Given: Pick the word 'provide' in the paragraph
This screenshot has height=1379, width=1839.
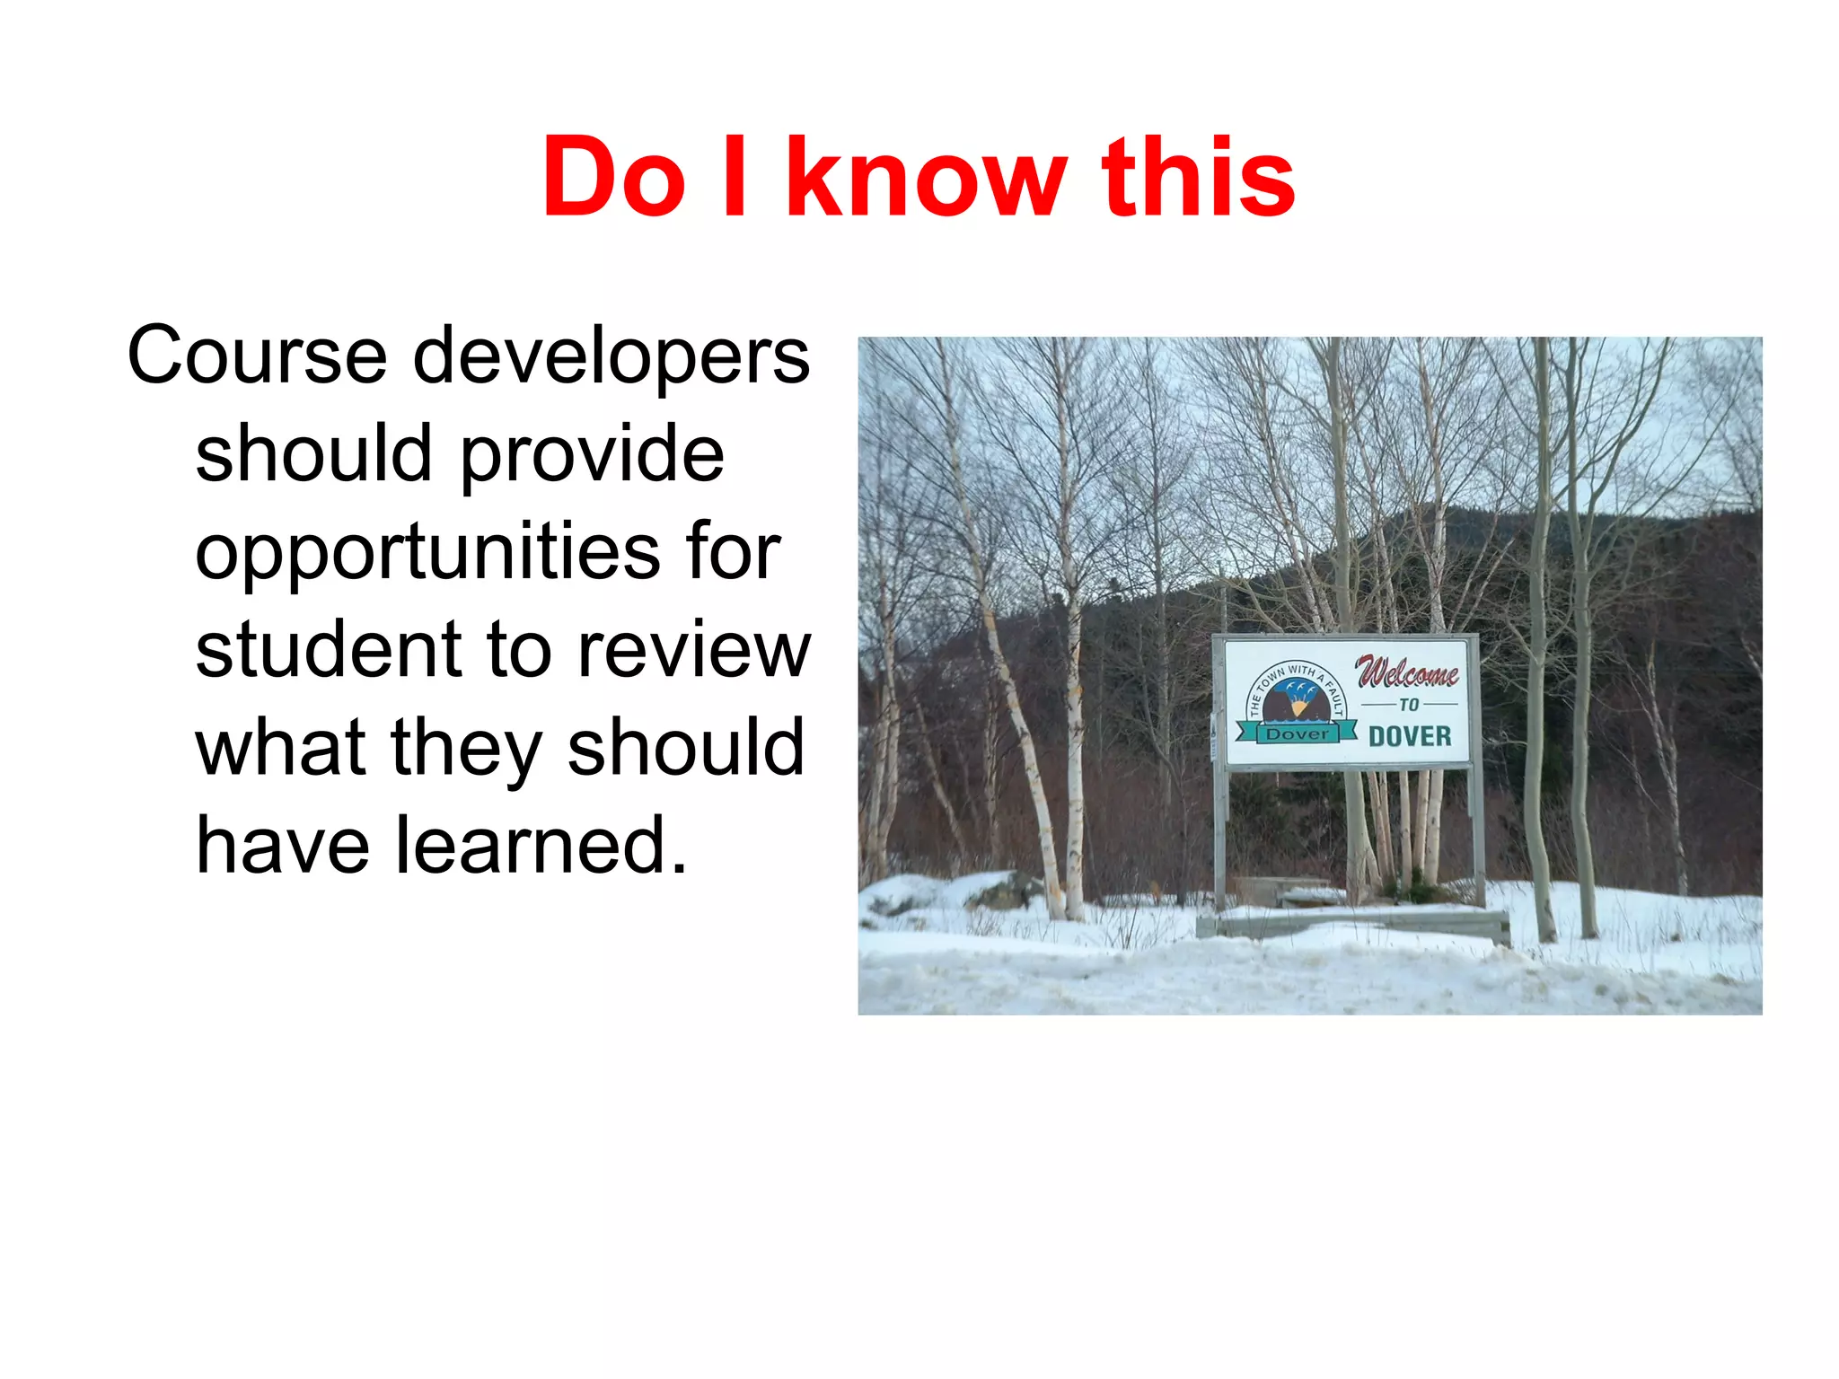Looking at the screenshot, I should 592,456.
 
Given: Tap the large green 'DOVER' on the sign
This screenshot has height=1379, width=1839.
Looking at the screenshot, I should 1410,736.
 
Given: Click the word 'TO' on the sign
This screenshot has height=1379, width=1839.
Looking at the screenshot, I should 1409,705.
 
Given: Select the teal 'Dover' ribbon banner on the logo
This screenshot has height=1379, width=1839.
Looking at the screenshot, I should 1297,733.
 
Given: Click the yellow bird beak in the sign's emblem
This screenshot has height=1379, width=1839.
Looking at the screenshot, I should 1298,708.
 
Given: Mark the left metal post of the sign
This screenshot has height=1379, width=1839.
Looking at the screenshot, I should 1219,835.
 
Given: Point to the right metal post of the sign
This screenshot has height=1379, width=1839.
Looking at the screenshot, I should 1478,830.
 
